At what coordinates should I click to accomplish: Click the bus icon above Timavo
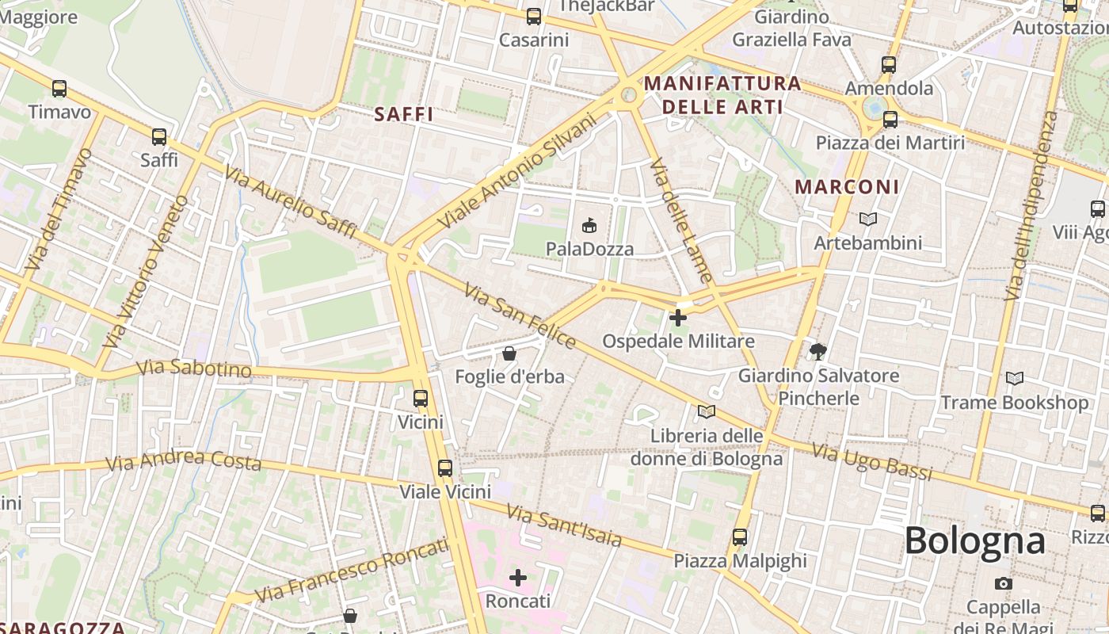click(x=59, y=89)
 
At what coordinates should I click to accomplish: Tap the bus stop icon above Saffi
click(x=159, y=137)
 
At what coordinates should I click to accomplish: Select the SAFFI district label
click(x=404, y=114)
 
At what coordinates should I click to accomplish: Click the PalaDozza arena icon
click(x=589, y=226)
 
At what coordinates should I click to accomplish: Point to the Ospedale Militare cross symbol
click(x=678, y=318)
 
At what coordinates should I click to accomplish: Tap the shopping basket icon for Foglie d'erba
click(x=509, y=353)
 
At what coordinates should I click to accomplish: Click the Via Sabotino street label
click(x=194, y=369)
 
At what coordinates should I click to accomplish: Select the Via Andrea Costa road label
click(x=184, y=460)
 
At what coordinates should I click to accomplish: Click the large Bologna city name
click(x=974, y=541)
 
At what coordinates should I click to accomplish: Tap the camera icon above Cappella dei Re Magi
click(x=1004, y=584)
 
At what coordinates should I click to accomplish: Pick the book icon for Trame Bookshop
click(x=1015, y=379)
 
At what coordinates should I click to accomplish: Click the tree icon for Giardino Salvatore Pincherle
click(x=818, y=351)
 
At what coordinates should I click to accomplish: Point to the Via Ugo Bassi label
click(x=872, y=463)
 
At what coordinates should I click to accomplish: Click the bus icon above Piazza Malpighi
click(x=740, y=537)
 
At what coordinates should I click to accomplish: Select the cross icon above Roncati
click(x=518, y=578)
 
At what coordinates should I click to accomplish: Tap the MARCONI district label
click(x=847, y=187)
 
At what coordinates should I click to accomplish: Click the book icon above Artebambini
click(x=868, y=219)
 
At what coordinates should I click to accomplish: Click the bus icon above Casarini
click(x=534, y=17)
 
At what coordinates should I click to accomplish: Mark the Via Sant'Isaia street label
click(x=564, y=526)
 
